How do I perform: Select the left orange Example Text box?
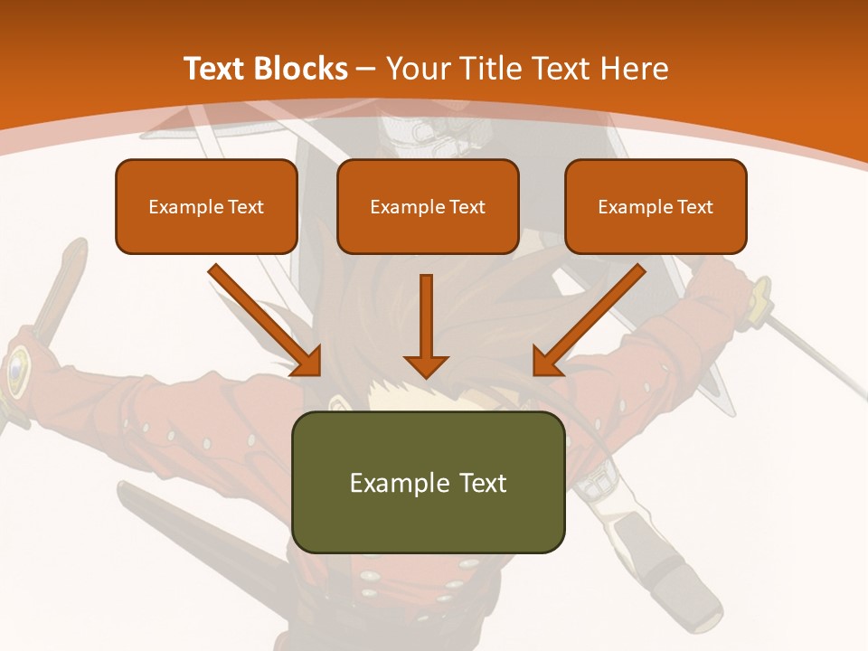click(x=206, y=206)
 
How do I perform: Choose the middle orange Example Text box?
click(x=428, y=206)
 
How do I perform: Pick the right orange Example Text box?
click(x=656, y=206)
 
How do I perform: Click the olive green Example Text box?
click(x=428, y=482)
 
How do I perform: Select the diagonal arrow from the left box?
click(x=262, y=317)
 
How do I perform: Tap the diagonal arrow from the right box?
click(x=592, y=317)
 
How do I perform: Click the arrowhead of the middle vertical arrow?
click(x=426, y=365)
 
